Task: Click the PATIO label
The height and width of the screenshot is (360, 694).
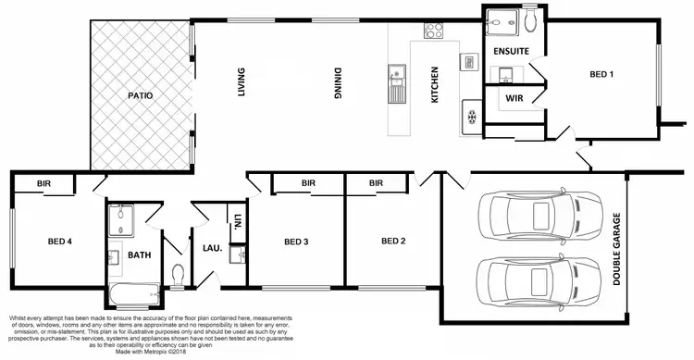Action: [141, 95]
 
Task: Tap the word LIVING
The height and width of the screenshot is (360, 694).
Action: [242, 82]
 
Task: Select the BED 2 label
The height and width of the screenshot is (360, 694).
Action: [395, 242]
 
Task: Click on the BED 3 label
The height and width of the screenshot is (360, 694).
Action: [295, 242]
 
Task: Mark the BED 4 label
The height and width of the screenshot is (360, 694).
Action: [60, 242]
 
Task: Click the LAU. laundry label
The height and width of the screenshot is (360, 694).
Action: [212, 247]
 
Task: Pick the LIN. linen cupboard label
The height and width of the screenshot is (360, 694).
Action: [238, 222]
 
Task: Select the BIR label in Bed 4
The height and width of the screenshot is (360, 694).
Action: [43, 184]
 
